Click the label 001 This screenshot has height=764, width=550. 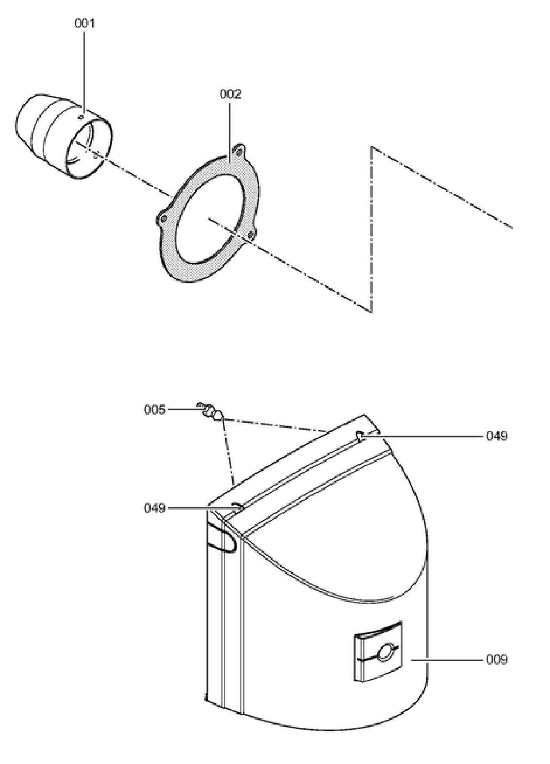pos(84,23)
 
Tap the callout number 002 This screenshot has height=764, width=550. pos(231,94)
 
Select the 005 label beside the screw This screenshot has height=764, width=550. pos(154,410)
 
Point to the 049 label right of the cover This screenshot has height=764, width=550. pos(497,436)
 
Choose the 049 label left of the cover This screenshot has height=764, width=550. pos(154,508)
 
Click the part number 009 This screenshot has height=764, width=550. pos(497,659)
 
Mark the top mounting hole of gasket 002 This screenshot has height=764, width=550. pos(239,150)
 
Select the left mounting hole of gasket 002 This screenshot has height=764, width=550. pos(163,219)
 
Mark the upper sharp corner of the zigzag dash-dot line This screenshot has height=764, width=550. pos(371,147)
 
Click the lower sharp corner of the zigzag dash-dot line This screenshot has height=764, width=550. pos(371,312)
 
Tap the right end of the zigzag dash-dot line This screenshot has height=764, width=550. pos(511,227)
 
